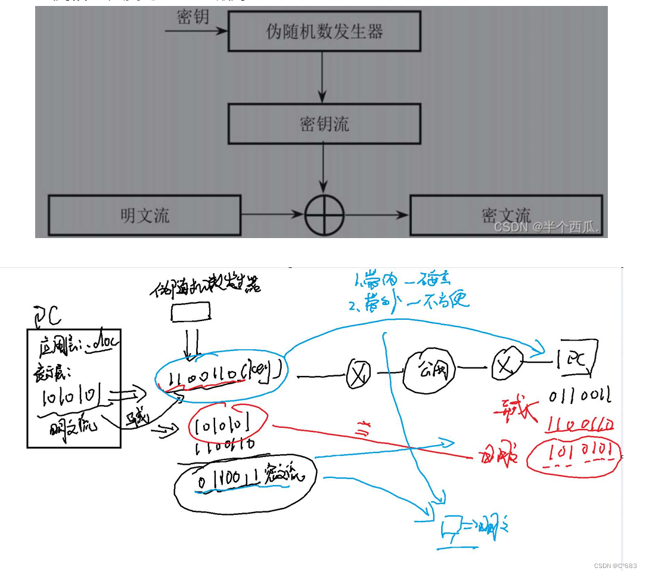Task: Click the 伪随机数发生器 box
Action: pyautogui.click(x=324, y=31)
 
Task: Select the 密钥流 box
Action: pyautogui.click(x=324, y=124)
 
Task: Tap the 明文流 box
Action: pyautogui.click(x=144, y=215)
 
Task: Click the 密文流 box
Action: pyautogui.click(x=506, y=215)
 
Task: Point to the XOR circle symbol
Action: pyautogui.click(x=325, y=215)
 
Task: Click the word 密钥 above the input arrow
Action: pyautogui.click(x=193, y=17)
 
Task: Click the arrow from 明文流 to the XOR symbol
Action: pyautogui.click(x=272, y=214)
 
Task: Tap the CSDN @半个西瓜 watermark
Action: pyautogui.click(x=547, y=227)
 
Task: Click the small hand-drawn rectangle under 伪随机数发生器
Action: pyautogui.click(x=191, y=311)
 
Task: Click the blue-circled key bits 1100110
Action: pyautogui.click(x=220, y=374)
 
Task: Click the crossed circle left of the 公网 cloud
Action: pyautogui.click(x=358, y=374)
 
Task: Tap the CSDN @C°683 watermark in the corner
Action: pyautogui.click(x=615, y=566)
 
